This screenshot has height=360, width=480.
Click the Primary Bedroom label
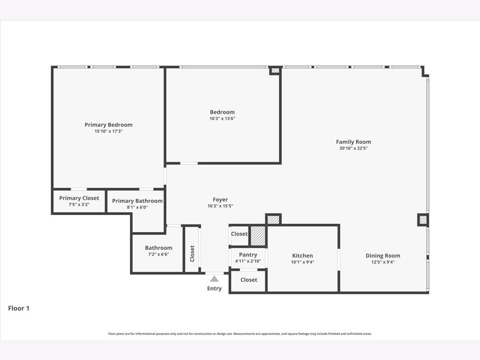coord(108,125)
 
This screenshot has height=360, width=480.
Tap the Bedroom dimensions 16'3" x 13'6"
coord(222,118)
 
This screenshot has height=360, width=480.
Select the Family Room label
coord(353,142)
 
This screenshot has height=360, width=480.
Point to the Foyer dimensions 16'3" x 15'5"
coord(220,206)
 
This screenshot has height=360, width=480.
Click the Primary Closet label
coord(79,198)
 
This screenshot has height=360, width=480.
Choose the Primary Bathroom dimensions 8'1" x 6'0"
coord(137,207)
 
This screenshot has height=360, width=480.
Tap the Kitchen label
coord(302,256)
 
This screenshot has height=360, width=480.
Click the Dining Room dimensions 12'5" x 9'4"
coord(383,262)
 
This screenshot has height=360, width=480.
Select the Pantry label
coord(248,255)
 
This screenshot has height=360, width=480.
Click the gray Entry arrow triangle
coord(214,279)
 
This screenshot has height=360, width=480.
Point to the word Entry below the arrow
coord(214,288)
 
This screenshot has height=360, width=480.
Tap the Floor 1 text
coord(18,308)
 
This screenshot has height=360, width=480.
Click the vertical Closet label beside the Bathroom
coord(192,254)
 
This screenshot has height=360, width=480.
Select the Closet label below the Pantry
coord(249,280)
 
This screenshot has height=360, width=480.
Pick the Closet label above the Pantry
coord(239,234)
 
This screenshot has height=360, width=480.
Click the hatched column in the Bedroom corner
coord(275,71)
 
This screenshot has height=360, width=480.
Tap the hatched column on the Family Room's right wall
coord(423,220)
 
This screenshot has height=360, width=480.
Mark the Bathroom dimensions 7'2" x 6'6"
coord(158,254)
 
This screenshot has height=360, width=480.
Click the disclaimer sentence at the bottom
coord(240,334)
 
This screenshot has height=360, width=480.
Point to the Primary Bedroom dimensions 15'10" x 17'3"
coord(108,131)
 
